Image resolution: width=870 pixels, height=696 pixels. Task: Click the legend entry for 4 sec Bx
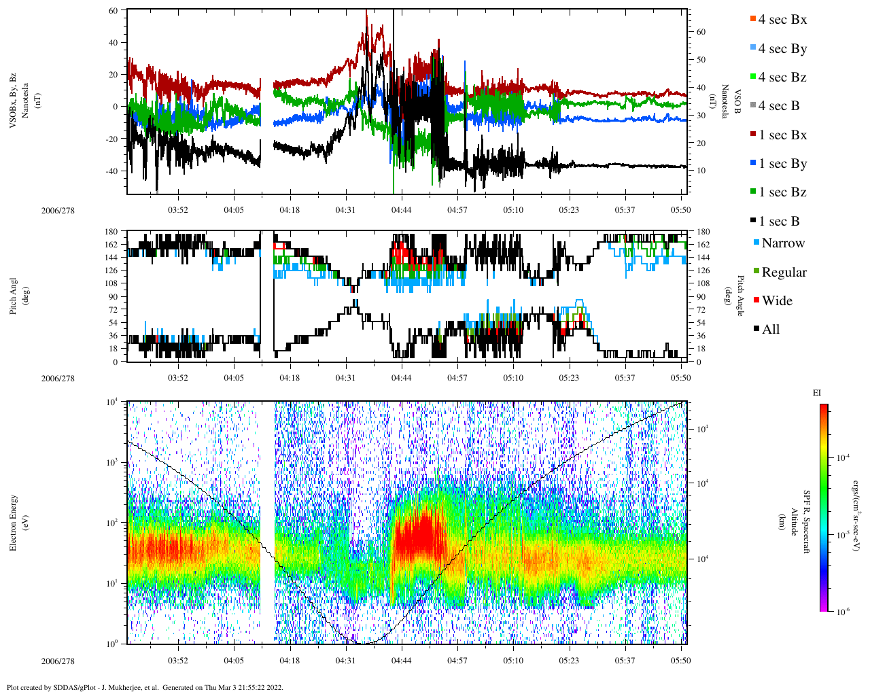[782, 20]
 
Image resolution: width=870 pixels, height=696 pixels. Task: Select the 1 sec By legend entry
[782, 164]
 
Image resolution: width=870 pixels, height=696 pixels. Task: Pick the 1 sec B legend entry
[778, 222]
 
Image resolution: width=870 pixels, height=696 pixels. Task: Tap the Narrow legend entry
[782, 243]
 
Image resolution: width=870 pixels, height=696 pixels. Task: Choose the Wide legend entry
[776, 301]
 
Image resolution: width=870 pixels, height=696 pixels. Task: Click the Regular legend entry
[783, 273]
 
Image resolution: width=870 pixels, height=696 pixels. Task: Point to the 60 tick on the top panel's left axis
[113, 11]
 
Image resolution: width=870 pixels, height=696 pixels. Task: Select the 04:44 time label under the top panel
[401, 209]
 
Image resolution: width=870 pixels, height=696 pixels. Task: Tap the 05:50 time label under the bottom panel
[680, 660]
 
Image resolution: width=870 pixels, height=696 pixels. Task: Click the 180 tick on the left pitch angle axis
[111, 232]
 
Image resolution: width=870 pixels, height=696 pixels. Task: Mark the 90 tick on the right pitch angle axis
[701, 297]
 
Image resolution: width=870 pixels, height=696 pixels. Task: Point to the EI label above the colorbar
[817, 392]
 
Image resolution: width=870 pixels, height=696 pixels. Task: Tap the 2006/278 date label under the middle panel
[58, 379]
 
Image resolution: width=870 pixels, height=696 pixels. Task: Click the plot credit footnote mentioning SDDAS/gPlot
[144, 687]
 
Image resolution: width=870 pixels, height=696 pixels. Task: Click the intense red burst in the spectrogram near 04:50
[419, 534]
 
